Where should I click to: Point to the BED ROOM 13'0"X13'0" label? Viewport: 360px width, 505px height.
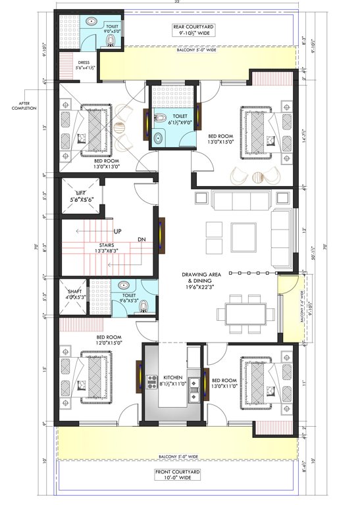(x=107, y=164)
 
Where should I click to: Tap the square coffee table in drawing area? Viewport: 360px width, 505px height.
(x=244, y=231)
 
